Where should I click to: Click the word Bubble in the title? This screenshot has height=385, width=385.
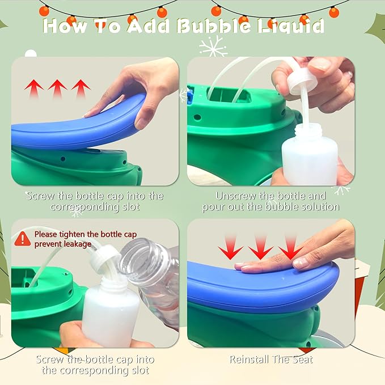tap(213, 26)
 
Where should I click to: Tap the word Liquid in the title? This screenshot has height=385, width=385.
tap(291, 27)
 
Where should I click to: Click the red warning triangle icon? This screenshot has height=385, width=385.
tap(22, 239)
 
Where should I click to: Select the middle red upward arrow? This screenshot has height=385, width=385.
tap(57, 88)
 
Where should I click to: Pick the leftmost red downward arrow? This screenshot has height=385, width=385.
tap(231, 248)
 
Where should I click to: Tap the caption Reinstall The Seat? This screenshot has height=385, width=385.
tap(272, 359)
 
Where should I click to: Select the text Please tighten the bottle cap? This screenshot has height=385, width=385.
tap(86, 234)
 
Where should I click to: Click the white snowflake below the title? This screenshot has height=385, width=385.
tap(213, 46)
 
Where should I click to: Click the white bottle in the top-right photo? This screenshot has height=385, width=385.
tap(310, 154)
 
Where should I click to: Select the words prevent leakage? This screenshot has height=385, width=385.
tap(63, 244)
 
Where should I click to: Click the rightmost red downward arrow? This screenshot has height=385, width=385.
tap(290, 248)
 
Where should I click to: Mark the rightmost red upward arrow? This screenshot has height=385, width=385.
tap(81, 88)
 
